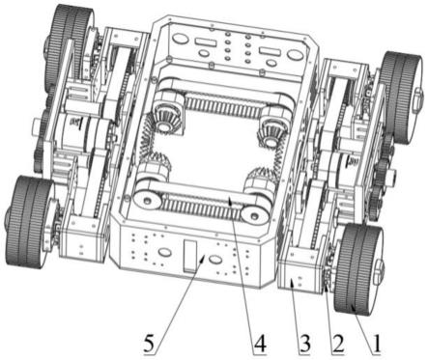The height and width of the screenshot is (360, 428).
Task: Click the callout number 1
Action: click(376, 344)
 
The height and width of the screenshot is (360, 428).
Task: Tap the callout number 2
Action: click(338, 344)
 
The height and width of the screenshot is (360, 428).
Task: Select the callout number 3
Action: click(303, 344)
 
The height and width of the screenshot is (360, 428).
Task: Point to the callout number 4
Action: click(260, 344)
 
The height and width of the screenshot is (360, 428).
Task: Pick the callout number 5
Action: click(150, 344)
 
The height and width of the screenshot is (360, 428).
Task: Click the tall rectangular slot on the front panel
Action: click(190, 257)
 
